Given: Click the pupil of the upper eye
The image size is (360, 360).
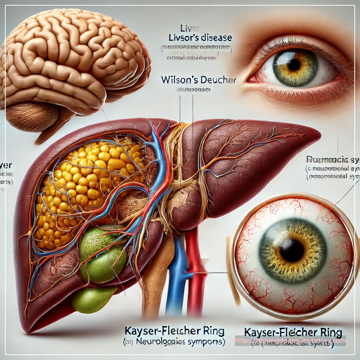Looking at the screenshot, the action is point(294,64).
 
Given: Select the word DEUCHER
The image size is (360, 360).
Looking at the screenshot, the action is point(218,80).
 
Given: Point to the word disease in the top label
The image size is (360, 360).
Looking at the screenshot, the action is point(217,38).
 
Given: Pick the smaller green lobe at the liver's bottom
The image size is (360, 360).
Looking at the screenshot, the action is point(92,300).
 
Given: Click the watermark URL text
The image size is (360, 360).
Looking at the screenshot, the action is point(290,341).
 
